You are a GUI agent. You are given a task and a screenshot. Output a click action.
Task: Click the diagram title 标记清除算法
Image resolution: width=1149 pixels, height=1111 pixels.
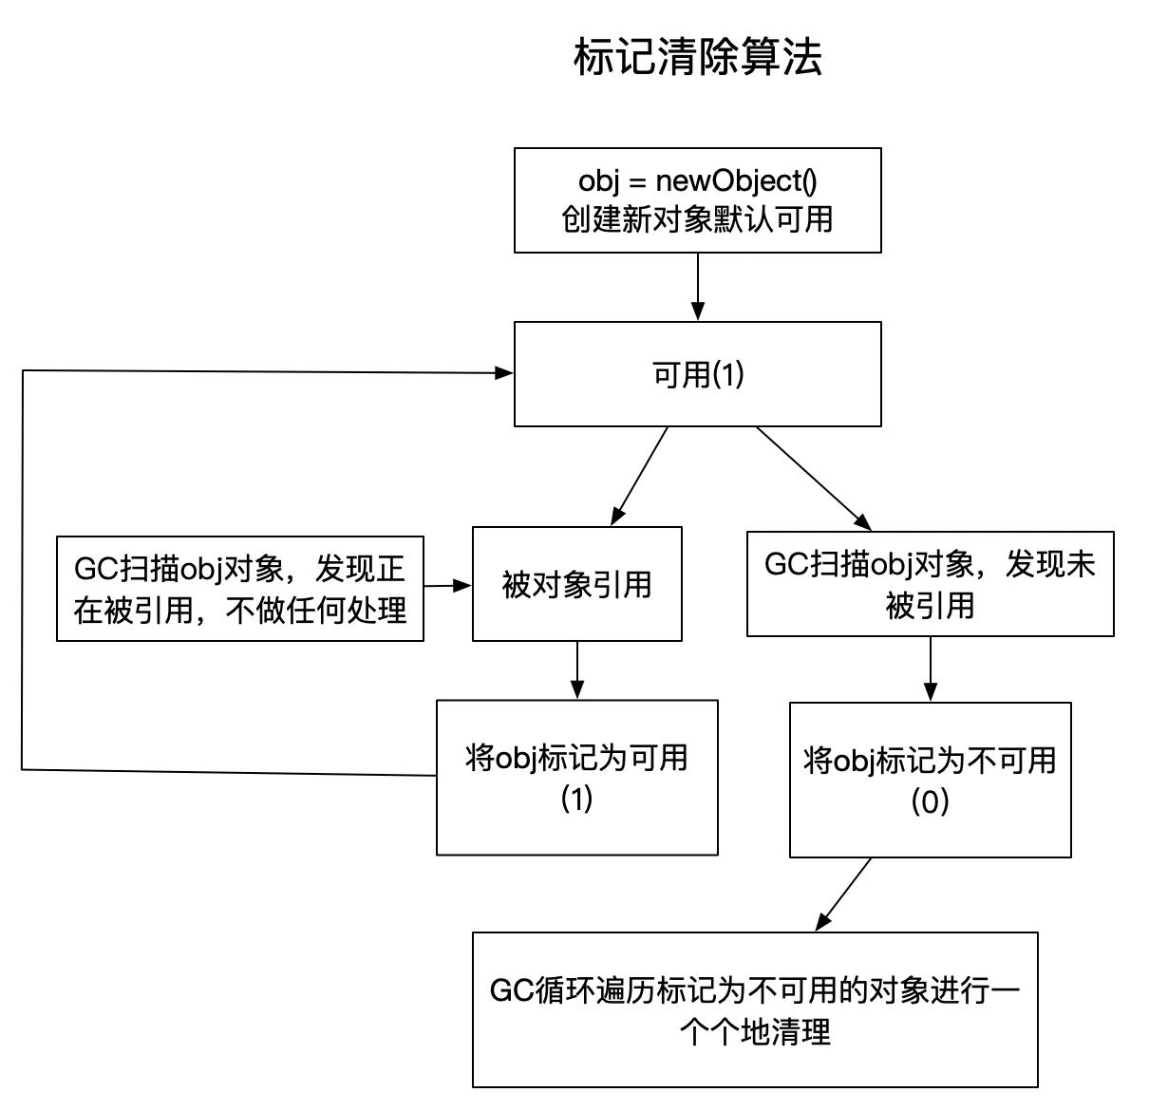[x=698, y=59]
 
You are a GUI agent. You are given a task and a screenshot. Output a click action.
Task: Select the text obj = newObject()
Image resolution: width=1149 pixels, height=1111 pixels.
[x=698, y=180]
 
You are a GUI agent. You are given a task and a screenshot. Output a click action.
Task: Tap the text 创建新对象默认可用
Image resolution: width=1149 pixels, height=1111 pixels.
[x=698, y=219]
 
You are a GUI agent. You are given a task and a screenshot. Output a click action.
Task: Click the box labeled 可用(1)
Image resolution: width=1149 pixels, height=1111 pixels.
[x=698, y=374]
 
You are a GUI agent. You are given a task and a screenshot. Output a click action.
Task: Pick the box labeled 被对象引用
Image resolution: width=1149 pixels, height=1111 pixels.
[x=577, y=584]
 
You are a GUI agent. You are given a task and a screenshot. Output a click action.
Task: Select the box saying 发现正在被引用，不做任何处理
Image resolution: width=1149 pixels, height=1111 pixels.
[x=240, y=589]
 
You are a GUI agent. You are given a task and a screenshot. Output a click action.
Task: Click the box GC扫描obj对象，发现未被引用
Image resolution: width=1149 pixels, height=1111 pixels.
[x=931, y=584]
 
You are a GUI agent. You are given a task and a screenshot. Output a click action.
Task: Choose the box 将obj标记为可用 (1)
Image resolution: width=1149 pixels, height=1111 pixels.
[x=577, y=778]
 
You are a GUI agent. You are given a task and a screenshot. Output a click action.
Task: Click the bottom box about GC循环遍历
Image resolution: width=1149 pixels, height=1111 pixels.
[x=755, y=1009]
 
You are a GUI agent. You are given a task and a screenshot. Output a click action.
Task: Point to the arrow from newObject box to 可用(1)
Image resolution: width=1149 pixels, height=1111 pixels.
[x=698, y=287]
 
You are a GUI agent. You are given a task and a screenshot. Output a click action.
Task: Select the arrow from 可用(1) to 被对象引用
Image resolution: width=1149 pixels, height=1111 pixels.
[x=640, y=476]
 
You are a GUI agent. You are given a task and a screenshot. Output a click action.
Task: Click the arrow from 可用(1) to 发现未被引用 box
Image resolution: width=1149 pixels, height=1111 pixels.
[x=813, y=478]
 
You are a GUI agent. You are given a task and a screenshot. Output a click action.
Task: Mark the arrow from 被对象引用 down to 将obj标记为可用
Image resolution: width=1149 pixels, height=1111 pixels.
[x=577, y=670]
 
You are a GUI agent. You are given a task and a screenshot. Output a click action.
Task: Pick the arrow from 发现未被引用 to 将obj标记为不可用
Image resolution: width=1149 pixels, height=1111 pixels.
[x=931, y=668]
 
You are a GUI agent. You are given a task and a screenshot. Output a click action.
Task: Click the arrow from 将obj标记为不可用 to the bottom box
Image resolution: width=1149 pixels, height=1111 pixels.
[x=844, y=894]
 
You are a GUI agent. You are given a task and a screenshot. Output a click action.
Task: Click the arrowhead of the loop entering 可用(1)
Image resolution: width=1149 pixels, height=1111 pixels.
[x=503, y=373]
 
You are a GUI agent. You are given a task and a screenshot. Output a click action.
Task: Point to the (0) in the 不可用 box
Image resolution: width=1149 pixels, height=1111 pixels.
[x=931, y=802]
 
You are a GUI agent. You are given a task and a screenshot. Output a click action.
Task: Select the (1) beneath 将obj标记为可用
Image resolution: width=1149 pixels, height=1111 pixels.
[x=577, y=799]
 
